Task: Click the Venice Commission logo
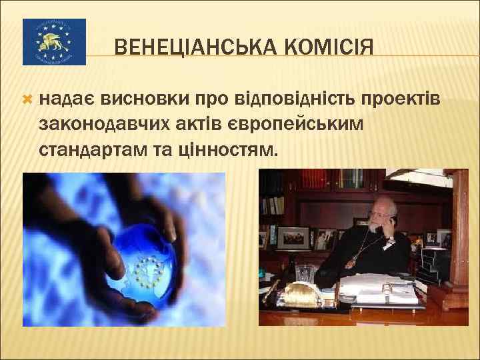coord(54,42)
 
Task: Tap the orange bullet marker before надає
coord(27,99)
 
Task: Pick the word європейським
coord(289,125)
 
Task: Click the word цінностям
coord(223,149)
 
